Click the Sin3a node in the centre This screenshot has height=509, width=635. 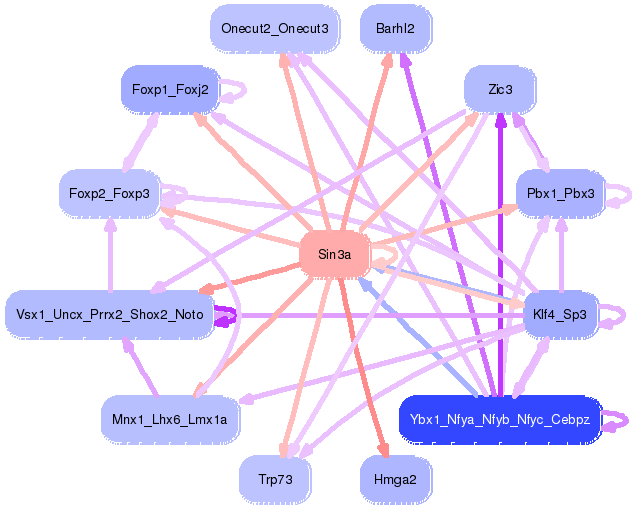[335, 255]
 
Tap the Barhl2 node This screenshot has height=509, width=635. [395, 28]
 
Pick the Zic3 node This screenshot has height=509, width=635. [500, 90]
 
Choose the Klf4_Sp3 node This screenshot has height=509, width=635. [560, 315]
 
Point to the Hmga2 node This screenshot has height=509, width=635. [395, 480]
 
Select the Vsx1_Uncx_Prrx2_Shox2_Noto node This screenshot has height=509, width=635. [110, 315]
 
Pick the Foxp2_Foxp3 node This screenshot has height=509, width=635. [110, 193]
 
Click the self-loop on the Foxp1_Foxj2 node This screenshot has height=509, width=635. [236, 91]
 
